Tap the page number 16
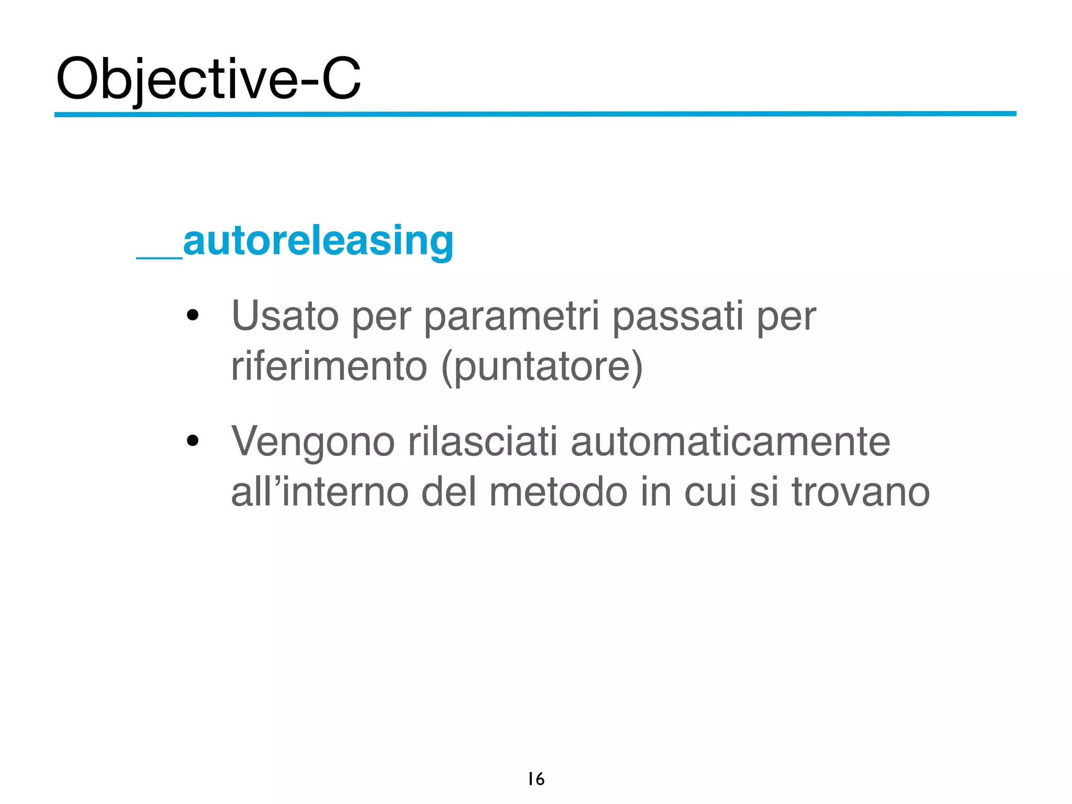coord(536,779)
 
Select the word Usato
coord(285,316)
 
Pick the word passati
coord(677,316)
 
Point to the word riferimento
coord(329,366)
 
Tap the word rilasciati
coord(483,442)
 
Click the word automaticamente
coord(730,442)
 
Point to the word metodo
coord(558,492)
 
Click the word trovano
coord(861,492)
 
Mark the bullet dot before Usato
coord(193,315)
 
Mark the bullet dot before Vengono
coord(193,441)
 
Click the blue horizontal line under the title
coord(535,114)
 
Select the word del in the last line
coord(449,492)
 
